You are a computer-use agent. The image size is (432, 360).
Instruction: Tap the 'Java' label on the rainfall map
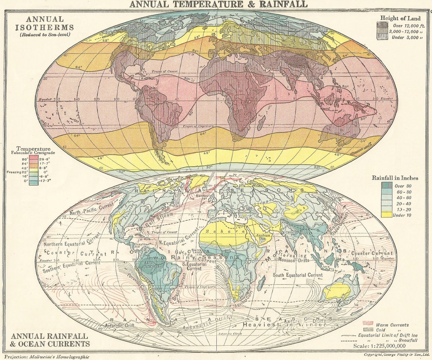pyautogui.click(x=326, y=267)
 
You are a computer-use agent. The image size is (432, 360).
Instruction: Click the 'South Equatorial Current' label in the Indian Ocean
pyautogui.click(x=297, y=275)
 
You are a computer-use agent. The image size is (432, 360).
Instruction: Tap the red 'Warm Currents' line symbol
pyautogui.click(x=368, y=324)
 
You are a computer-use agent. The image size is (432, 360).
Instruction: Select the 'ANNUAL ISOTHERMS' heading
pyautogui.click(x=44, y=23)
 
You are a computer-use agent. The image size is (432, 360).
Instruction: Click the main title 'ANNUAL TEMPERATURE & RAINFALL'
pyautogui.click(x=218, y=5)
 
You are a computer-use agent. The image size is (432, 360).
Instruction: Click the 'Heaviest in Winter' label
pyautogui.click(x=284, y=325)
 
